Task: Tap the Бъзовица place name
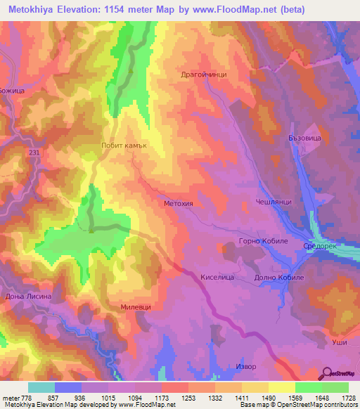click(x=304, y=139)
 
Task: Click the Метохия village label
click(x=178, y=203)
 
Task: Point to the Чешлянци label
click(x=274, y=201)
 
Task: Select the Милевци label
click(x=135, y=307)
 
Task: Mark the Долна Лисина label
click(x=28, y=297)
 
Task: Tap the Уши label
click(x=337, y=342)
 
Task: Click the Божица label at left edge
click(x=12, y=91)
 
